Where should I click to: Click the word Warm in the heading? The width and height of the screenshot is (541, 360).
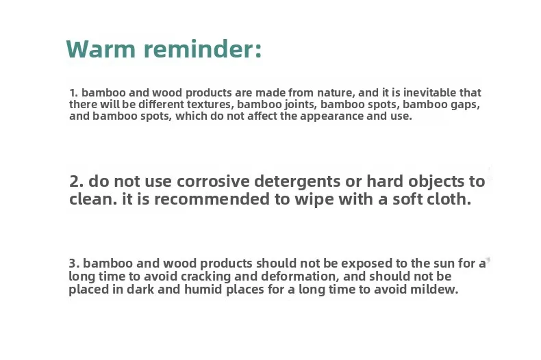pyautogui.click(x=101, y=49)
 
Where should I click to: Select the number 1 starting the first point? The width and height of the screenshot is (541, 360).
pyautogui.click(x=73, y=93)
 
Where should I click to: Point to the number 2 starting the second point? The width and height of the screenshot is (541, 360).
pyautogui.click(x=75, y=181)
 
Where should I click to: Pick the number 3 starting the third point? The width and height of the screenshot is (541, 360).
pyautogui.click(x=73, y=263)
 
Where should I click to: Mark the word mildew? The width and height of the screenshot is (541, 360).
pyautogui.click(x=434, y=289)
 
